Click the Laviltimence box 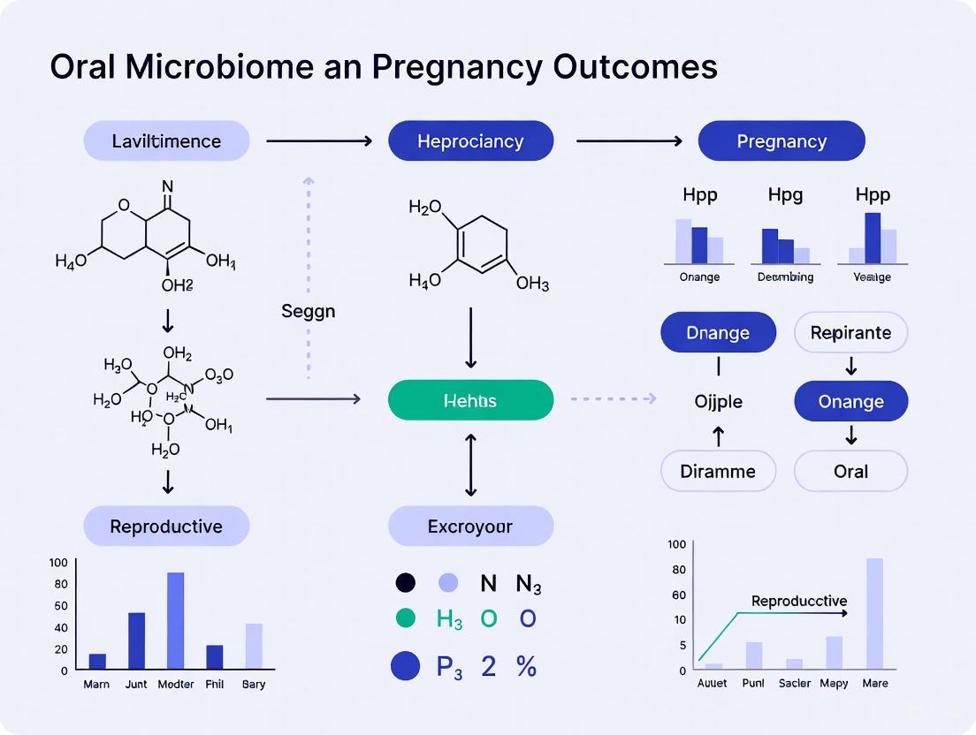(x=166, y=141)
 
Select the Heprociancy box (x=470, y=141)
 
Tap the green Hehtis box (x=470, y=400)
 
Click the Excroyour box (x=470, y=527)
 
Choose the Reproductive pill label (x=166, y=527)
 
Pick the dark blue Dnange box (x=718, y=333)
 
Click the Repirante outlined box (x=850, y=333)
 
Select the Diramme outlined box (x=718, y=471)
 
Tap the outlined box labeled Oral (x=850, y=471)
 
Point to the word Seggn (x=308, y=311)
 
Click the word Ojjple (x=718, y=402)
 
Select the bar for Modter (x=175, y=620)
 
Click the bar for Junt (x=136, y=640)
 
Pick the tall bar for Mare (x=874, y=613)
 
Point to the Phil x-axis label (x=215, y=684)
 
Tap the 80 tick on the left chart (x=60, y=584)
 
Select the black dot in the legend (x=405, y=583)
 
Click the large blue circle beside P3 (x=405, y=667)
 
